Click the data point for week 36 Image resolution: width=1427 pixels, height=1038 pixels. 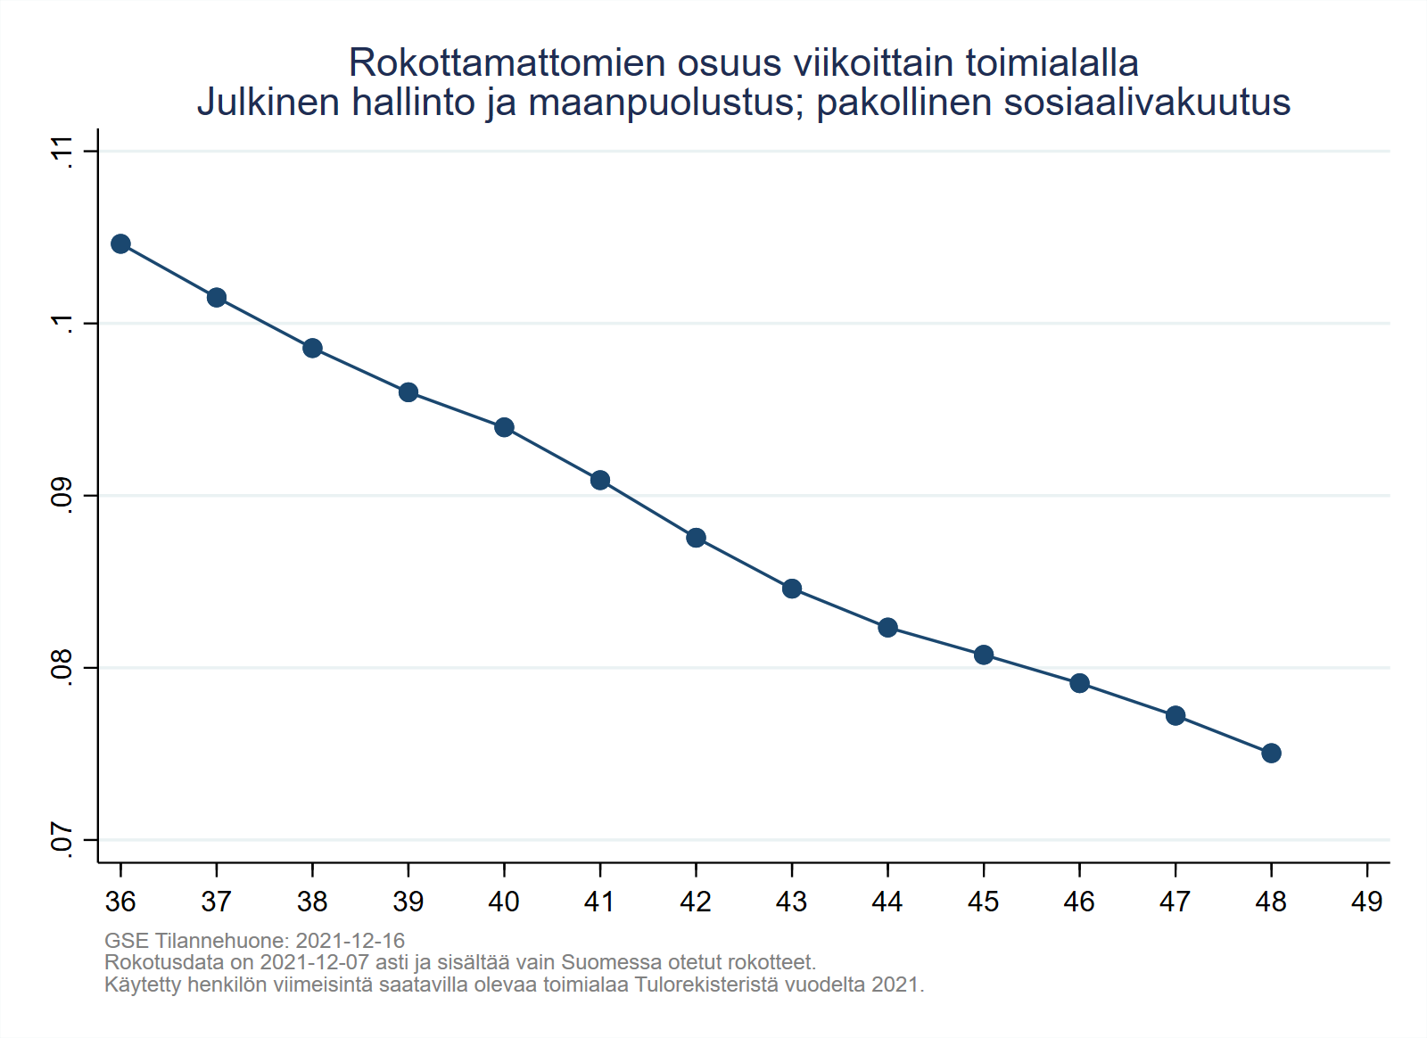(120, 244)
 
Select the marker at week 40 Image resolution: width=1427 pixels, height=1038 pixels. (504, 427)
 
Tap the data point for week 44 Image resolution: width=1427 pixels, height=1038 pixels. (887, 628)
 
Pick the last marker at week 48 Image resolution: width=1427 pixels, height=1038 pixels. (1271, 754)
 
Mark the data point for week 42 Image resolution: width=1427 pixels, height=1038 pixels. (696, 538)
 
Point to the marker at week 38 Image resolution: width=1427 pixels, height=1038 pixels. (312, 348)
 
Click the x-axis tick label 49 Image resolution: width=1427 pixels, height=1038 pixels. (1366, 902)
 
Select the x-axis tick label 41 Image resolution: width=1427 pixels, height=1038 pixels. (599, 902)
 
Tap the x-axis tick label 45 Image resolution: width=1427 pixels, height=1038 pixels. (983, 902)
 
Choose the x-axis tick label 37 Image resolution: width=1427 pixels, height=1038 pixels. (216, 902)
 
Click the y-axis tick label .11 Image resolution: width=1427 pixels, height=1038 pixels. (62, 151)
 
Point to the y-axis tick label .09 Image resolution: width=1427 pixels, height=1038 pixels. (62, 495)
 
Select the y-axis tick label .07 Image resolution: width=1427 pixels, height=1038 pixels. (62, 840)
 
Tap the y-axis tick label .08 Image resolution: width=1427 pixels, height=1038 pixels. (62, 667)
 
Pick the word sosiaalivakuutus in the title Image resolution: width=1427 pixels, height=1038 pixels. (1147, 103)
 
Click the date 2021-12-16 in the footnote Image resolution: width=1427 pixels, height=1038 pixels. (350, 941)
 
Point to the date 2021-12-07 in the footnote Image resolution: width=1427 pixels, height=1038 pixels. (314, 963)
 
